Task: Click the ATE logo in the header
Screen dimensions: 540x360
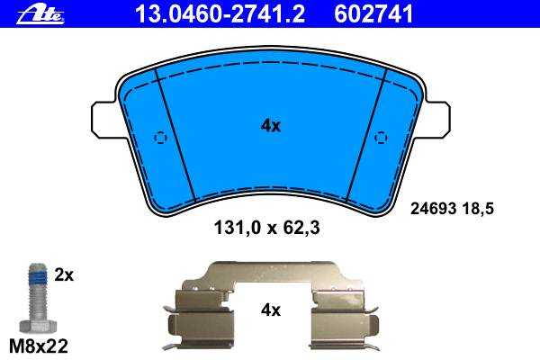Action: click(40, 14)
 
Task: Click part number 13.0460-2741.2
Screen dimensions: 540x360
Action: click(220, 14)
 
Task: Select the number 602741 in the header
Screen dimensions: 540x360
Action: click(373, 14)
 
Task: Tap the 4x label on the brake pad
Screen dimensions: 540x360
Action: click(271, 126)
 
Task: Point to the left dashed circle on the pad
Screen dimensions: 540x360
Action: click(160, 138)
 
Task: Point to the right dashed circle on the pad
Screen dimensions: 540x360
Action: click(381, 138)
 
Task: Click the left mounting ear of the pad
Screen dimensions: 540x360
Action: click(103, 120)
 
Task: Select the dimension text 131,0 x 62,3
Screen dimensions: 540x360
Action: click(267, 228)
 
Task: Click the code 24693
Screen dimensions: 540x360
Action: click(433, 209)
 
